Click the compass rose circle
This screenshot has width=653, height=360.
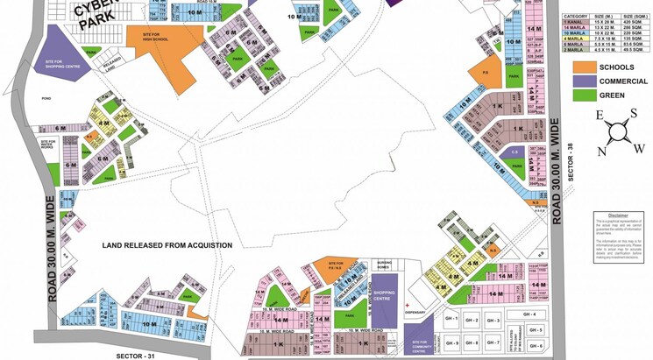click(618, 132)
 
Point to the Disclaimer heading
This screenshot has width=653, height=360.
click(618, 214)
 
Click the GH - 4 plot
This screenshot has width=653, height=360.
click(529, 314)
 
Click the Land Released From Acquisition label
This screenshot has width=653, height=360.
click(167, 245)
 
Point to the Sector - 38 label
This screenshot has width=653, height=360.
click(570, 161)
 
